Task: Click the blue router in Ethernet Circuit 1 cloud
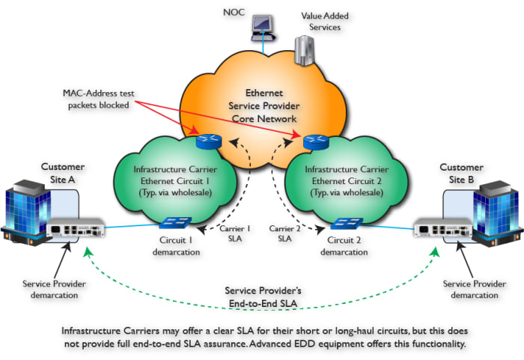206,141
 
